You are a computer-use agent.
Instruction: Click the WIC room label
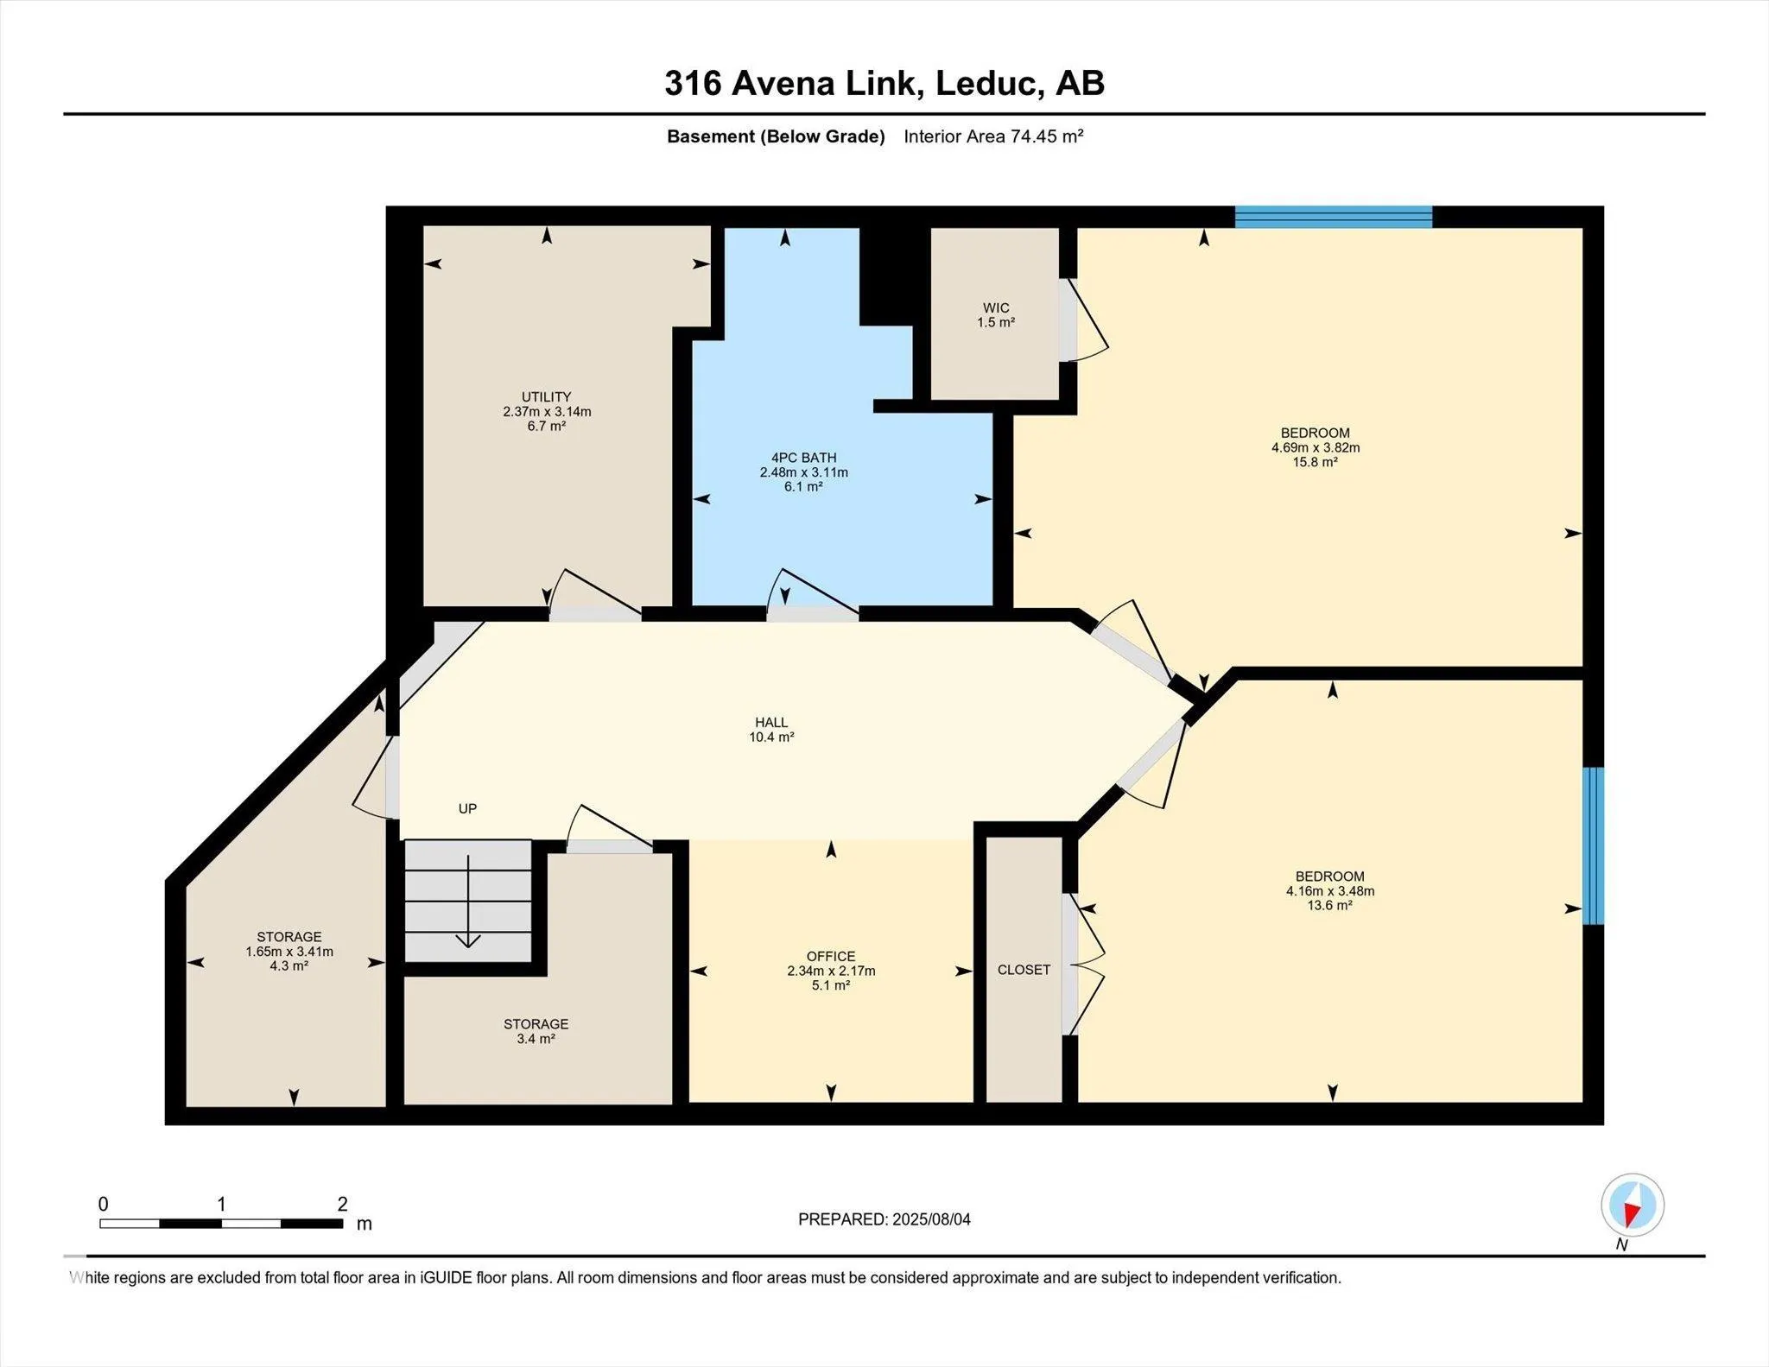coord(996,307)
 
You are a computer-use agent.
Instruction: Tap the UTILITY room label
coord(546,397)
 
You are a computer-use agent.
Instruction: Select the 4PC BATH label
coord(803,458)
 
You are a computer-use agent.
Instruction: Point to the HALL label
coord(771,723)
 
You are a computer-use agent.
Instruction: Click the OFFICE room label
coord(831,956)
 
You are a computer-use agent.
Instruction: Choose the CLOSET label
coord(1024,970)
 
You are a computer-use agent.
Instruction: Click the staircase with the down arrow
coord(468,901)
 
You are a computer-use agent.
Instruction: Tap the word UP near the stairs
coord(467,808)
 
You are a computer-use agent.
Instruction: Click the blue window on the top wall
coord(1334,217)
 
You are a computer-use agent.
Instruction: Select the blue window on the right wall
coord(1594,845)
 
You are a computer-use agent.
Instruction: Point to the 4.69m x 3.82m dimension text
coord(1316,447)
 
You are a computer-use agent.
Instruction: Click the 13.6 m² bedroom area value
coord(1329,905)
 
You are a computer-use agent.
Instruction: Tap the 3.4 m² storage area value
coord(536,1039)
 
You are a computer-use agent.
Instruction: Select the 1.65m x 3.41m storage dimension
coord(289,952)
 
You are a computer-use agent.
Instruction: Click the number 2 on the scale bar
coord(343,1204)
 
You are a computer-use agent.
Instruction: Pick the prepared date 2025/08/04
coord(931,1219)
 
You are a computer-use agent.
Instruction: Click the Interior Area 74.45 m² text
coord(993,136)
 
